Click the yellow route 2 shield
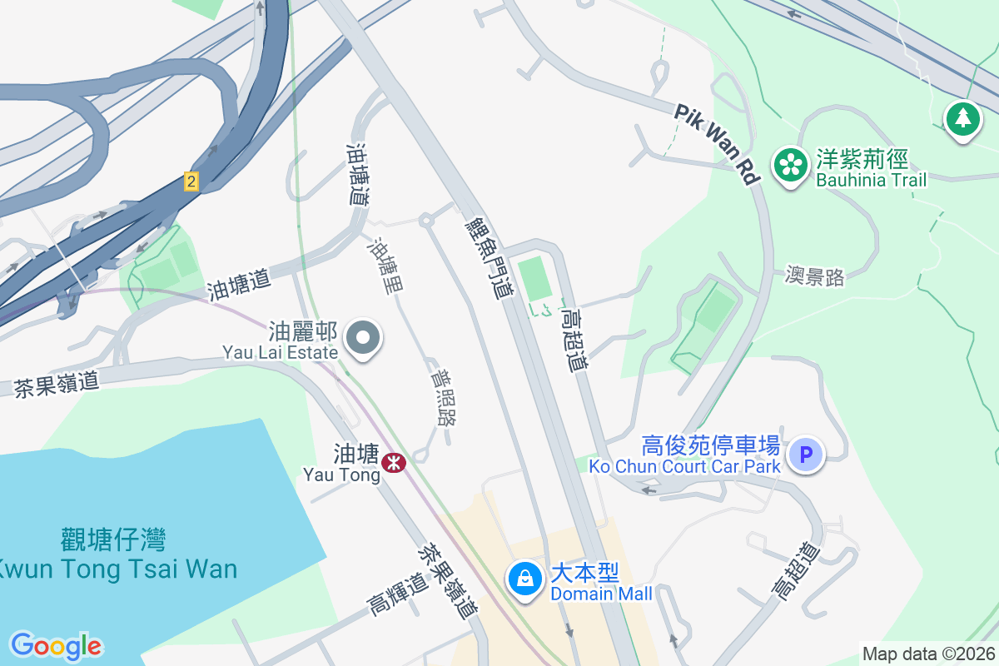(191, 181)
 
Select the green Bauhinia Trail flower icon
(790, 165)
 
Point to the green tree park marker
(963, 119)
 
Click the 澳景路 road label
(814, 276)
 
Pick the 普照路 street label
(443, 398)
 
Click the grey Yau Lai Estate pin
(363, 339)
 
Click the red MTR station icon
(394, 461)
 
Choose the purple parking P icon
(805, 455)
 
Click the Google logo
(56, 645)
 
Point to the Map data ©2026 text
(928, 654)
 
